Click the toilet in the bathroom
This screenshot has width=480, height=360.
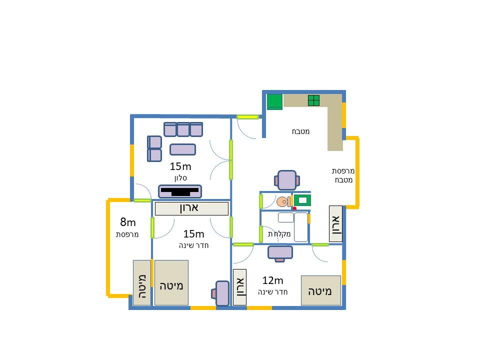(x=283, y=201)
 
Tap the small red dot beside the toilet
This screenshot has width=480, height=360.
(x=294, y=208)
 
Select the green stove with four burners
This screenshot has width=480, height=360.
(x=313, y=100)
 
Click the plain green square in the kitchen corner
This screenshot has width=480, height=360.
(x=274, y=101)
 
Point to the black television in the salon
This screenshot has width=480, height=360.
(x=179, y=191)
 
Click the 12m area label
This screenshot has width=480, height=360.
(x=272, y=280)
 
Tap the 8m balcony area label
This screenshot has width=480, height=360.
(x=127, y=221)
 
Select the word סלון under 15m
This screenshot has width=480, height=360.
(x=180, y=178)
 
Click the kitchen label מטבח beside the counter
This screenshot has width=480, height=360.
(x=300, y=131)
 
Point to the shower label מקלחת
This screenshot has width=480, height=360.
(x=279, y=234)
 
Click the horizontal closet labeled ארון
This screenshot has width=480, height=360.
(x=191, y=208)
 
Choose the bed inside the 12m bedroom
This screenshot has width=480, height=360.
(x=321, y=290)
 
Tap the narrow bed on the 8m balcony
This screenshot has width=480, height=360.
(x=142, y=282)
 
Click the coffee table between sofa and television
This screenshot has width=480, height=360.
(x=183, y=149)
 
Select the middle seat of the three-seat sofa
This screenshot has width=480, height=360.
(x=183, y=129)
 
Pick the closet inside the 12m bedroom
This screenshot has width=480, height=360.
(x=239, y=287)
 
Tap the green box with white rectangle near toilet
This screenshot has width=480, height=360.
(x=302, y=200)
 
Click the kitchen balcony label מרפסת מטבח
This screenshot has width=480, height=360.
(x=343, y=175)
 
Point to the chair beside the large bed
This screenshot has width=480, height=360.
(x=221, y=293)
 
